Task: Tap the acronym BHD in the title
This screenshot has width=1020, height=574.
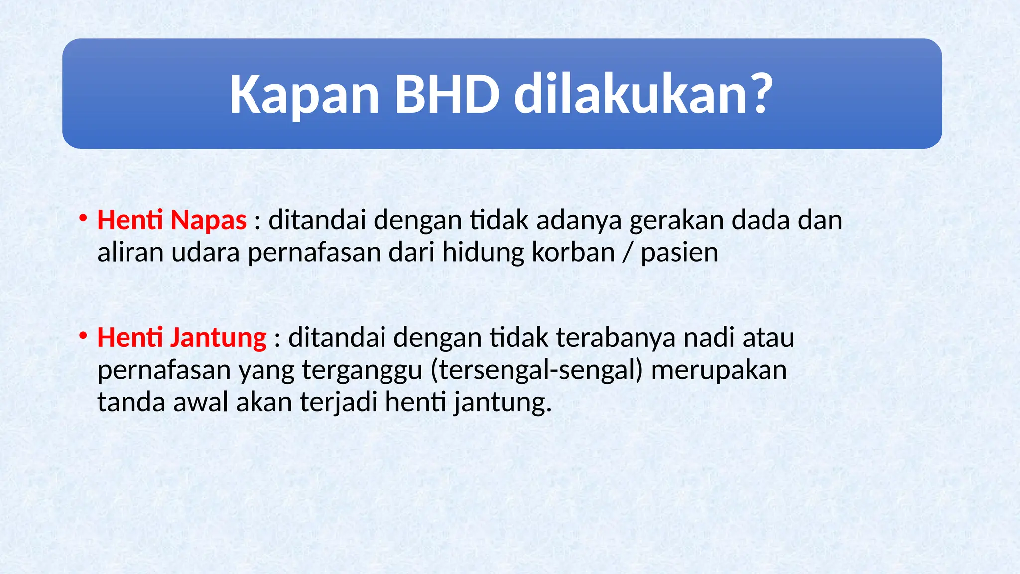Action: (x=447, y=94)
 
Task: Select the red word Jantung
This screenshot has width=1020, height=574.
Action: (x=218, y=338)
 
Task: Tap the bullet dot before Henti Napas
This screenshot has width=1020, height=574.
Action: (x=83, y=218)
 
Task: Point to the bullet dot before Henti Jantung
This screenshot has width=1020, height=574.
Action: (x=83, y=336)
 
